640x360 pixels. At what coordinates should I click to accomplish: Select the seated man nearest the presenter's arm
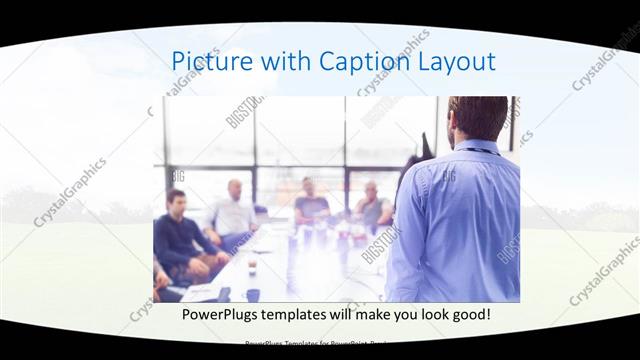373,207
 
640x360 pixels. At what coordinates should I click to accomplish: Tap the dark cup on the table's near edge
253,294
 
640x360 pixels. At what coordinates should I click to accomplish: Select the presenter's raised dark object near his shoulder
427,146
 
